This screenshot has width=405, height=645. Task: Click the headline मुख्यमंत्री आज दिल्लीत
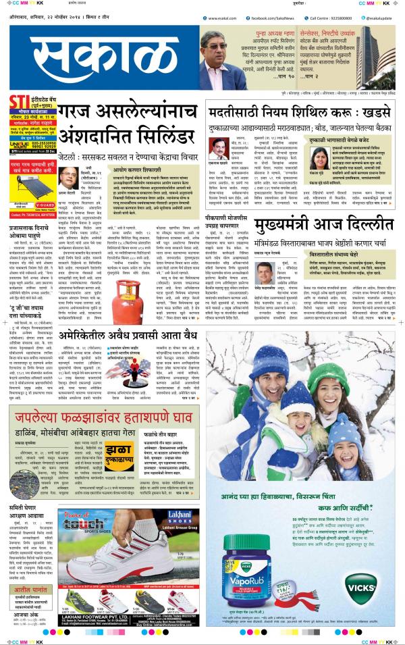[x=324, y=225]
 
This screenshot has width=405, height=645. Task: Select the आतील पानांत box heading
[x=28, y=591]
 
